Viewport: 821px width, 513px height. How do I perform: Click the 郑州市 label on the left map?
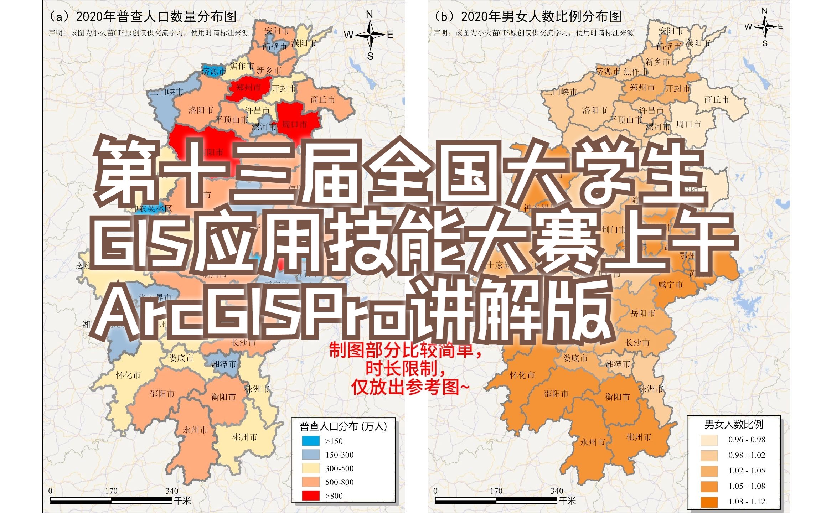248,88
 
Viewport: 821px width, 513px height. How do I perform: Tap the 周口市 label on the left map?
294,125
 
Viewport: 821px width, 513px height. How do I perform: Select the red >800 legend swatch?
311,496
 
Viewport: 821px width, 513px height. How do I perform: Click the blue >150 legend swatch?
311,441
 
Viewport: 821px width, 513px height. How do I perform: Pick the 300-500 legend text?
339,468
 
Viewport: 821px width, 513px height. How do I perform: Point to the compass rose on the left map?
370,35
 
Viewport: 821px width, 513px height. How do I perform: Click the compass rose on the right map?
765,27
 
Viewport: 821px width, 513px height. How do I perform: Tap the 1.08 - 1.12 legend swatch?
709,502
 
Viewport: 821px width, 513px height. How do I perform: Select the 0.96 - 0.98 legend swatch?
709,440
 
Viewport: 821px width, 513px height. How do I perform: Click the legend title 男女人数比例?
734,424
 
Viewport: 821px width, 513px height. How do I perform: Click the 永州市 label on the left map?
195,430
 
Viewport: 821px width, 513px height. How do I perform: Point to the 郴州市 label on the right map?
639,437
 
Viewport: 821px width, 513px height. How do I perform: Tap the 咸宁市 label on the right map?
670,285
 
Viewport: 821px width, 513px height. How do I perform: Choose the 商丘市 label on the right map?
717,100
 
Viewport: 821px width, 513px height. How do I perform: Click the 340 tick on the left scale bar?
172,491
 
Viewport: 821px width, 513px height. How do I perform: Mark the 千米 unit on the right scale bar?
567,501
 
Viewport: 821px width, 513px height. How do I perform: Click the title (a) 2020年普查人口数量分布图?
142,16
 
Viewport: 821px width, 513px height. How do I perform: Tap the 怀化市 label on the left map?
128,375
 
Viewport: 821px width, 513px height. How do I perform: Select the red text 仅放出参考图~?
410,387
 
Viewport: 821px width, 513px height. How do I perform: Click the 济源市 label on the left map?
214,71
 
